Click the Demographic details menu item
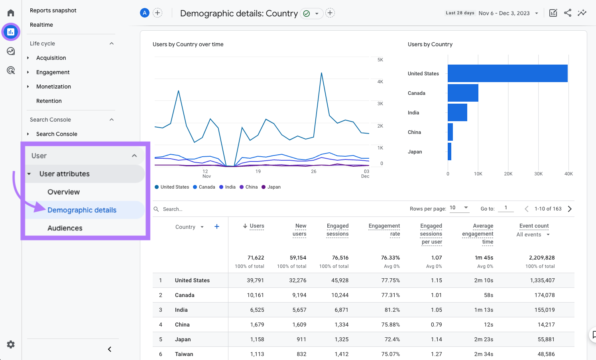[x=82, y=210]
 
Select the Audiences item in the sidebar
[x=65, y=228]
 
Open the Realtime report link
[x=41, y=25]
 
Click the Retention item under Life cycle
[x=49, y=101]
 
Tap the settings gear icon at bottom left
[x=11, y=344]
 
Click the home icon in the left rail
[x=11, y=13]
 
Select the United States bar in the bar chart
[x=507, y=73]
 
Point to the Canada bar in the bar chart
[x=463, y=93]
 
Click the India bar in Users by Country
[x=457, y=112]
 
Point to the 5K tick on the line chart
[x=380, y=60]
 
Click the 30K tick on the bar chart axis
[x=538, y=174]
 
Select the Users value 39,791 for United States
[x=255, y=280]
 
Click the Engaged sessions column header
[x=337, y=230]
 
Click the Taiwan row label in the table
[x=184, y=354]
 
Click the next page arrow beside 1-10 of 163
[x=570, y=209]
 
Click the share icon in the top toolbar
[x=568, y=13]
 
